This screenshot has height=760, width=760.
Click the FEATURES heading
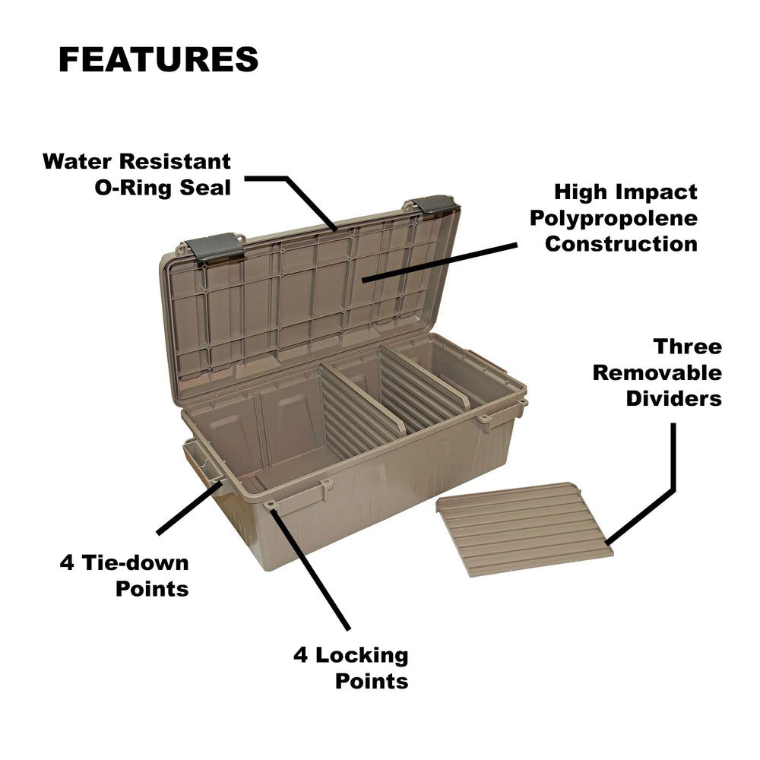pos(159,59)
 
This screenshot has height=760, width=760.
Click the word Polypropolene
pos(613,219)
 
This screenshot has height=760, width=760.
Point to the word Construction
pos(621,244)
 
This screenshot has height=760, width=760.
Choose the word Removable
pos(657,372)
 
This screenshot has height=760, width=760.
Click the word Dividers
pos(673,398)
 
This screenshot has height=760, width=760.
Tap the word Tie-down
pos(135,562)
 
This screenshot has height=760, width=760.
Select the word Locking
pos(362,655)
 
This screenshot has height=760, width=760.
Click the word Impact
pos(662,192)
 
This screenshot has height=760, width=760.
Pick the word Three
pos(687,347)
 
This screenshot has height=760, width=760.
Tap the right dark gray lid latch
pos(434,205)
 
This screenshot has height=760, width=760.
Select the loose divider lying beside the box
pos(524,529)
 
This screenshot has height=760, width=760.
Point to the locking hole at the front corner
pos(270,505)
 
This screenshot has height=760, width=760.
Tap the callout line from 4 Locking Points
pos(310,568)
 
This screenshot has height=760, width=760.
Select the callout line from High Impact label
pos(439,263)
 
